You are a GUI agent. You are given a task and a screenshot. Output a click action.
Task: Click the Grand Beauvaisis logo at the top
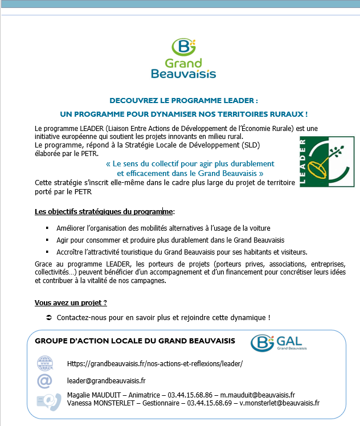pyautogui.click(x=183, y=58)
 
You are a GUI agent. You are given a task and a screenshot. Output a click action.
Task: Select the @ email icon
pyautogui.click(x=45, y=380)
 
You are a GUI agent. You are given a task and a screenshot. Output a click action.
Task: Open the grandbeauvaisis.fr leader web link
pyautogui.click(x=155, y=363)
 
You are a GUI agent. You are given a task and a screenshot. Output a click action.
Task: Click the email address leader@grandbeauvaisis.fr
pyautogui.click(x=107, y=380)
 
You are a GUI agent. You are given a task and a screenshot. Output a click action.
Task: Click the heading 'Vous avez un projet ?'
pyautogui.click(x=71, y=302)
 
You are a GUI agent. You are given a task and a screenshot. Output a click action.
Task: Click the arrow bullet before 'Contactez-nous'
pyautogui.click(x=48, y=317)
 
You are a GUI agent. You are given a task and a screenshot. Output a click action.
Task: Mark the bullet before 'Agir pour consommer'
pyautogui.click(x=48, y=240)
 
